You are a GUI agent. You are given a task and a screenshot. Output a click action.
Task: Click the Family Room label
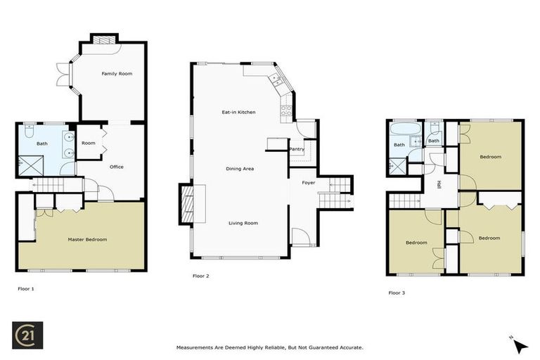pos(117,74)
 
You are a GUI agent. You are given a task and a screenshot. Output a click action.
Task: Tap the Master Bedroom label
pos(87,240)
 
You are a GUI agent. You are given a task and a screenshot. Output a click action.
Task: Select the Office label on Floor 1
pos(117,167)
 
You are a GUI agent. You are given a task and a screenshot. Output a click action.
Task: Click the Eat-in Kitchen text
pos(238,112)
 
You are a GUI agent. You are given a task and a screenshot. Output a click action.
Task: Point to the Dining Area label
pos(240,169)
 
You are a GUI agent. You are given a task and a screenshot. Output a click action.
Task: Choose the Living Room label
pos(243,223)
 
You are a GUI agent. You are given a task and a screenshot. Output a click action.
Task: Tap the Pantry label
pos(296,149)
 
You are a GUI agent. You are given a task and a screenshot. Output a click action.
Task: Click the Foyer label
pos(309,183)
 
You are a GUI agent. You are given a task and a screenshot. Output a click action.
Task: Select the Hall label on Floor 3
pos(439,184)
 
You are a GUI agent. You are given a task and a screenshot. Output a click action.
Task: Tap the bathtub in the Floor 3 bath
pos(399,130)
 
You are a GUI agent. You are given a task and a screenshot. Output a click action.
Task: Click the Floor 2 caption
pos(201,276)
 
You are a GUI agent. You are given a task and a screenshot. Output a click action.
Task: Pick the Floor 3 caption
pos(397,292)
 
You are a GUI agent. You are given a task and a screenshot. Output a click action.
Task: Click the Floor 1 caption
pos(26,288)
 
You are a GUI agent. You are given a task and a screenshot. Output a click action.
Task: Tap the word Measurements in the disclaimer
pos(196,347)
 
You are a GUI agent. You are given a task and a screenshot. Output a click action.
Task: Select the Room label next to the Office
pos(88,143)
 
